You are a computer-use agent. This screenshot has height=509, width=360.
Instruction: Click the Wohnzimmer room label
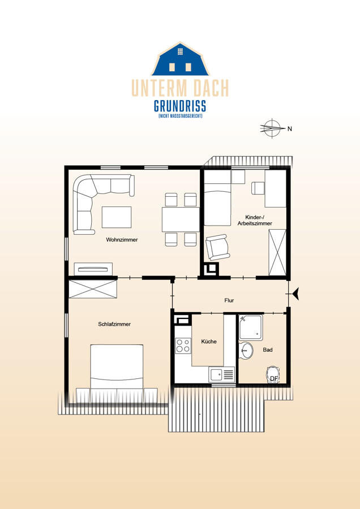122,240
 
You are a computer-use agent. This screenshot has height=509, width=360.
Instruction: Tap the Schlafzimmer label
114,324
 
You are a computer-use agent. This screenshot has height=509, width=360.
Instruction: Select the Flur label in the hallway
229,300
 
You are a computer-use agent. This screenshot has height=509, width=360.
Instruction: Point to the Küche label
209,342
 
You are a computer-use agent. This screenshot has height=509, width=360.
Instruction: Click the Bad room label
268,350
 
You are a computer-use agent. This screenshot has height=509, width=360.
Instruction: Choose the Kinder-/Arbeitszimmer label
255,220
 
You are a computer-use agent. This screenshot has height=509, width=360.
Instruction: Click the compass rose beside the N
272,129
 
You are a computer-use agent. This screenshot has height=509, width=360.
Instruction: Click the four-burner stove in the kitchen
183,346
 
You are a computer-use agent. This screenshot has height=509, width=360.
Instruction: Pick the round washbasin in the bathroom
246,351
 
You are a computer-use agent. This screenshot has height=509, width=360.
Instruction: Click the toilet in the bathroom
273,375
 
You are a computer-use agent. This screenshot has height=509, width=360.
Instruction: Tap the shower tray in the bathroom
251,327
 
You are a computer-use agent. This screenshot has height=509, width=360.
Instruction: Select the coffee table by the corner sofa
117,217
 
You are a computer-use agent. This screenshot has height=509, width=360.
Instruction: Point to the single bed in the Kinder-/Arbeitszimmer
217,198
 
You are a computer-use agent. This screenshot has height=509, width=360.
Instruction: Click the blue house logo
180,59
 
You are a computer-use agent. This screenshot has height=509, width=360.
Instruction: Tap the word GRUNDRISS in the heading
180,106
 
